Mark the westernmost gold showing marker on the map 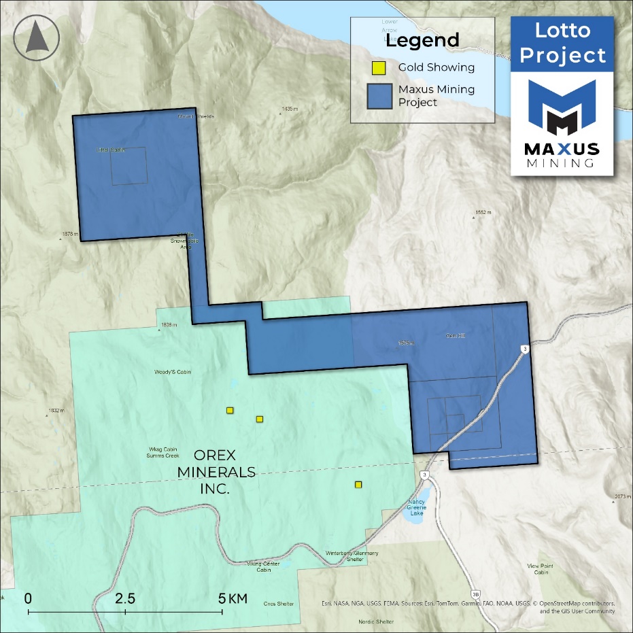230,410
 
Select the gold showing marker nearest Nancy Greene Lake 358,484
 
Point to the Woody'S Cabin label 170,373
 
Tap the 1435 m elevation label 290,109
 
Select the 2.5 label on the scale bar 125,598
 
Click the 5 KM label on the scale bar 233,598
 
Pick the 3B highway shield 476,595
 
